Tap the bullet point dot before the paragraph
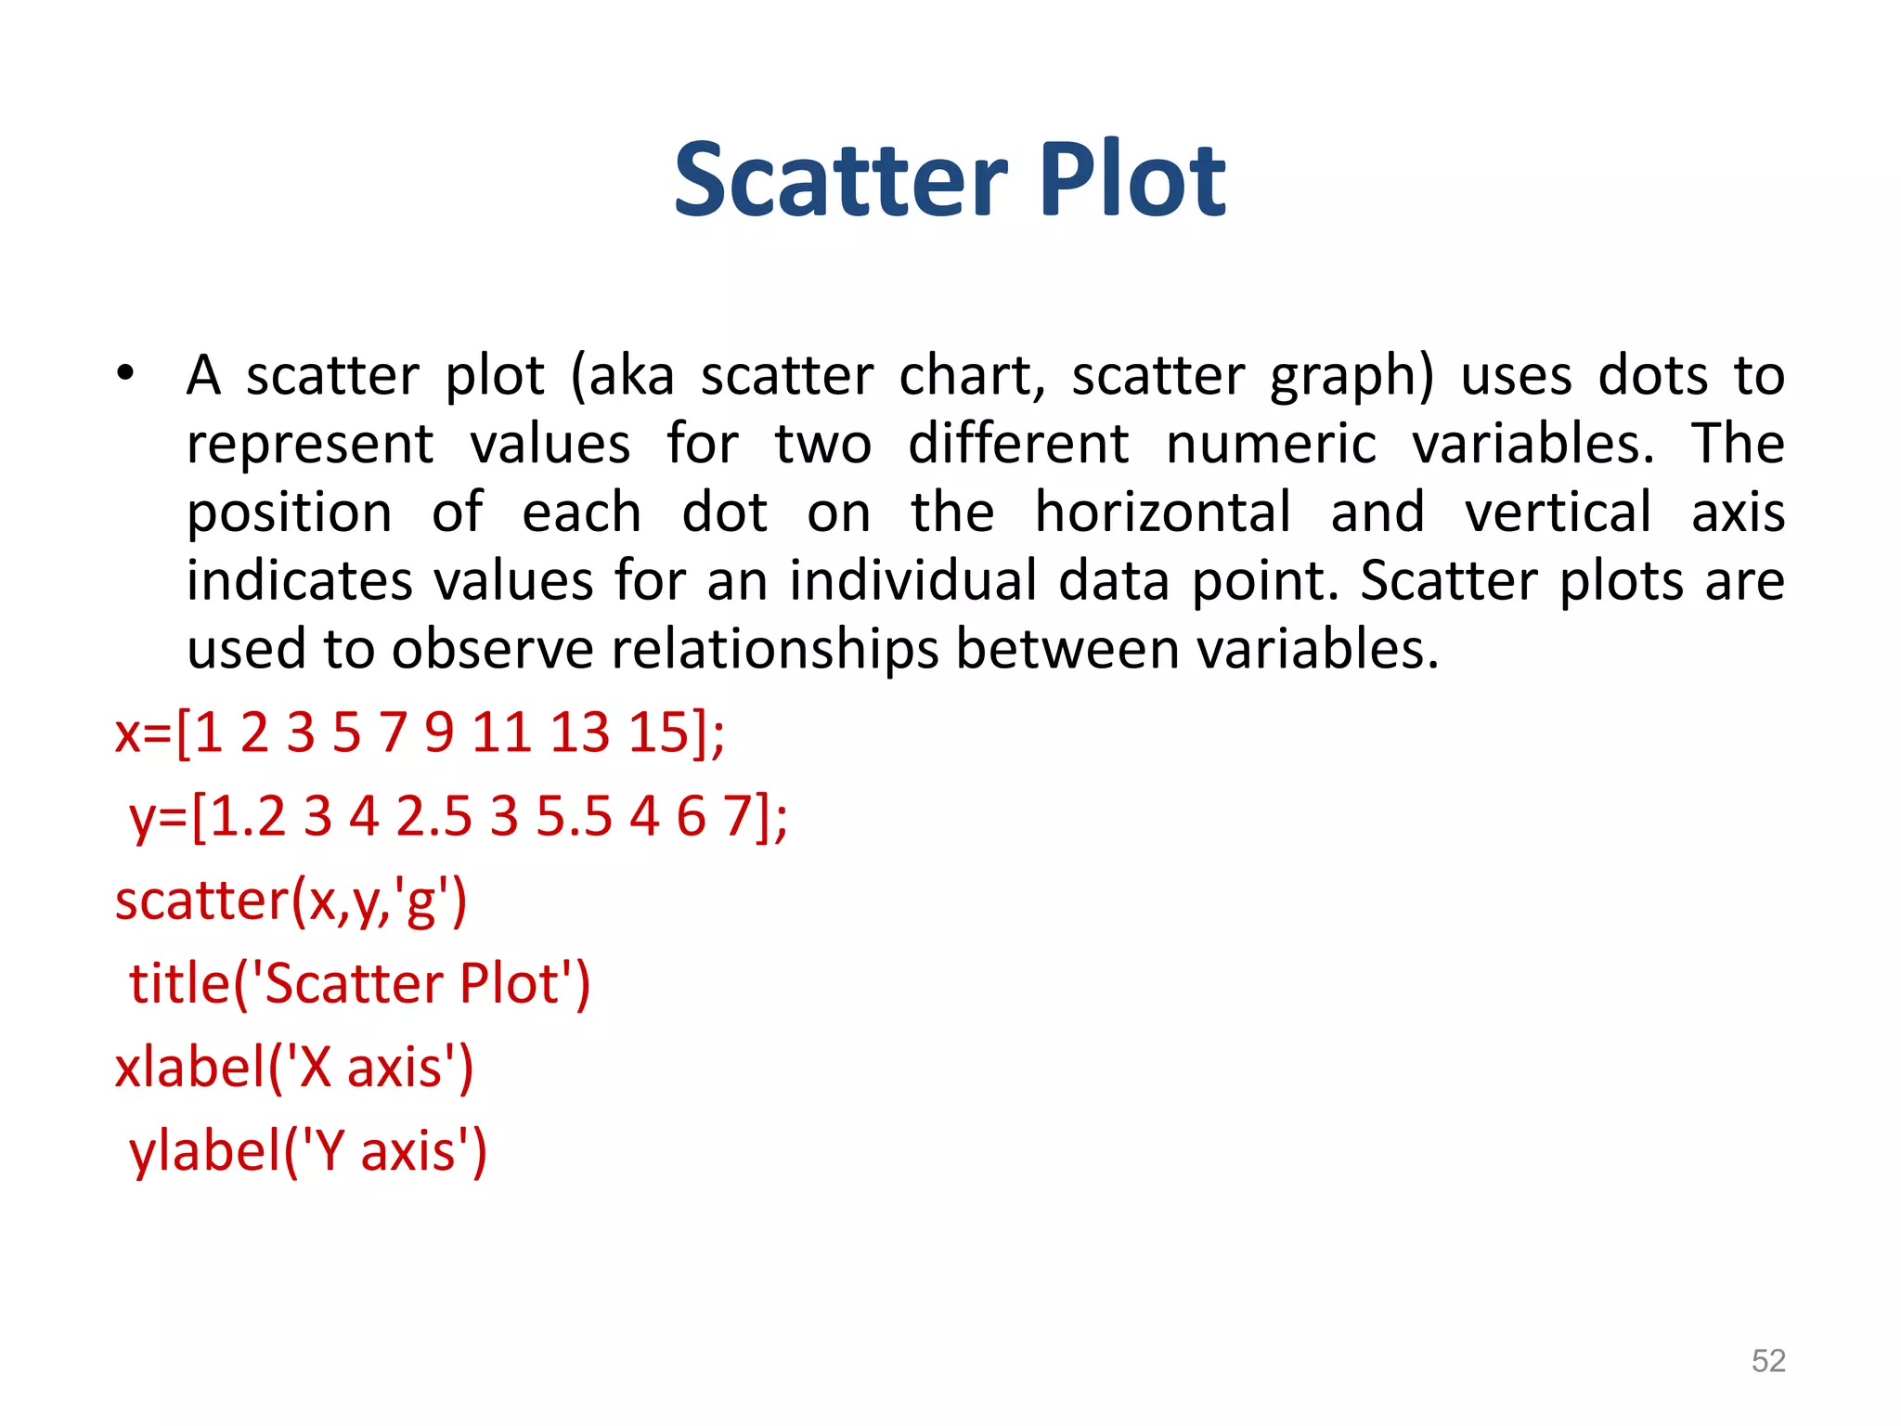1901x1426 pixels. click(x=125, y=375)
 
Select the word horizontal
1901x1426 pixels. click(x=1163, y=512)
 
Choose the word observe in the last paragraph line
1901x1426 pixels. click(x=492, y=649)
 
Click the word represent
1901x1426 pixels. click(x=310, y=446)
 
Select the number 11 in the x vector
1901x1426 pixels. click(x=501, y=732)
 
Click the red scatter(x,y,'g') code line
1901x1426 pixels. click(x=291, y=901)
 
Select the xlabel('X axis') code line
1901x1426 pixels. click(x=294, y=1068)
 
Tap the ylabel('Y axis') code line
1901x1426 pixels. click(x=307, y=1151)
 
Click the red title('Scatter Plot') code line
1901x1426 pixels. click(x=359, y=984)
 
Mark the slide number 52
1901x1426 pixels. click(x=1767, y=1361)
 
